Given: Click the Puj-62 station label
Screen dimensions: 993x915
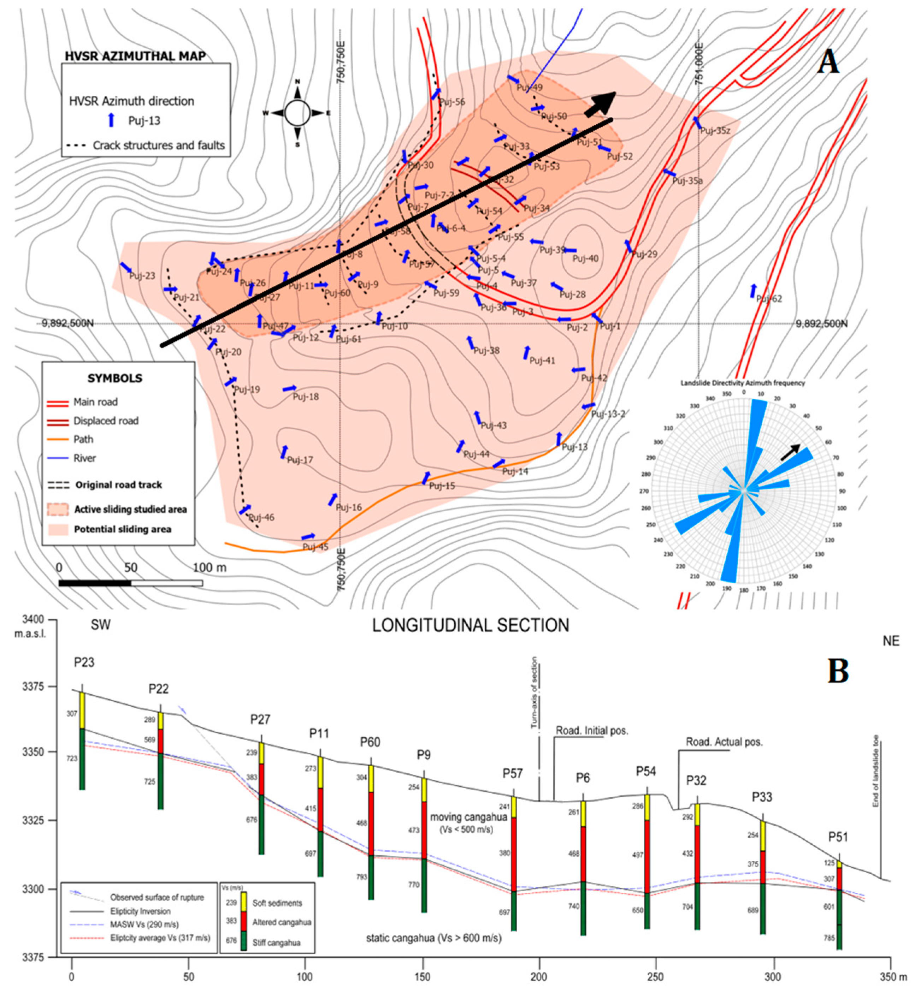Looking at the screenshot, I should click(x=769, y=299).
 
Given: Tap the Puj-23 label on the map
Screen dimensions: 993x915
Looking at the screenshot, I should click(x=142, y=276).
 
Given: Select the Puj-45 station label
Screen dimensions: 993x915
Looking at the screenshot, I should click(x=315, y=547).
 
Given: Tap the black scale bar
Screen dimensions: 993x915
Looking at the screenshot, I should click(x=130, y=583).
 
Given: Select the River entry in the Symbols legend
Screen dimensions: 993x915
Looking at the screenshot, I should click(x=85, y=458).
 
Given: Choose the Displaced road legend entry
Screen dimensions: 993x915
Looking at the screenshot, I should click(x=106, y=421).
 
